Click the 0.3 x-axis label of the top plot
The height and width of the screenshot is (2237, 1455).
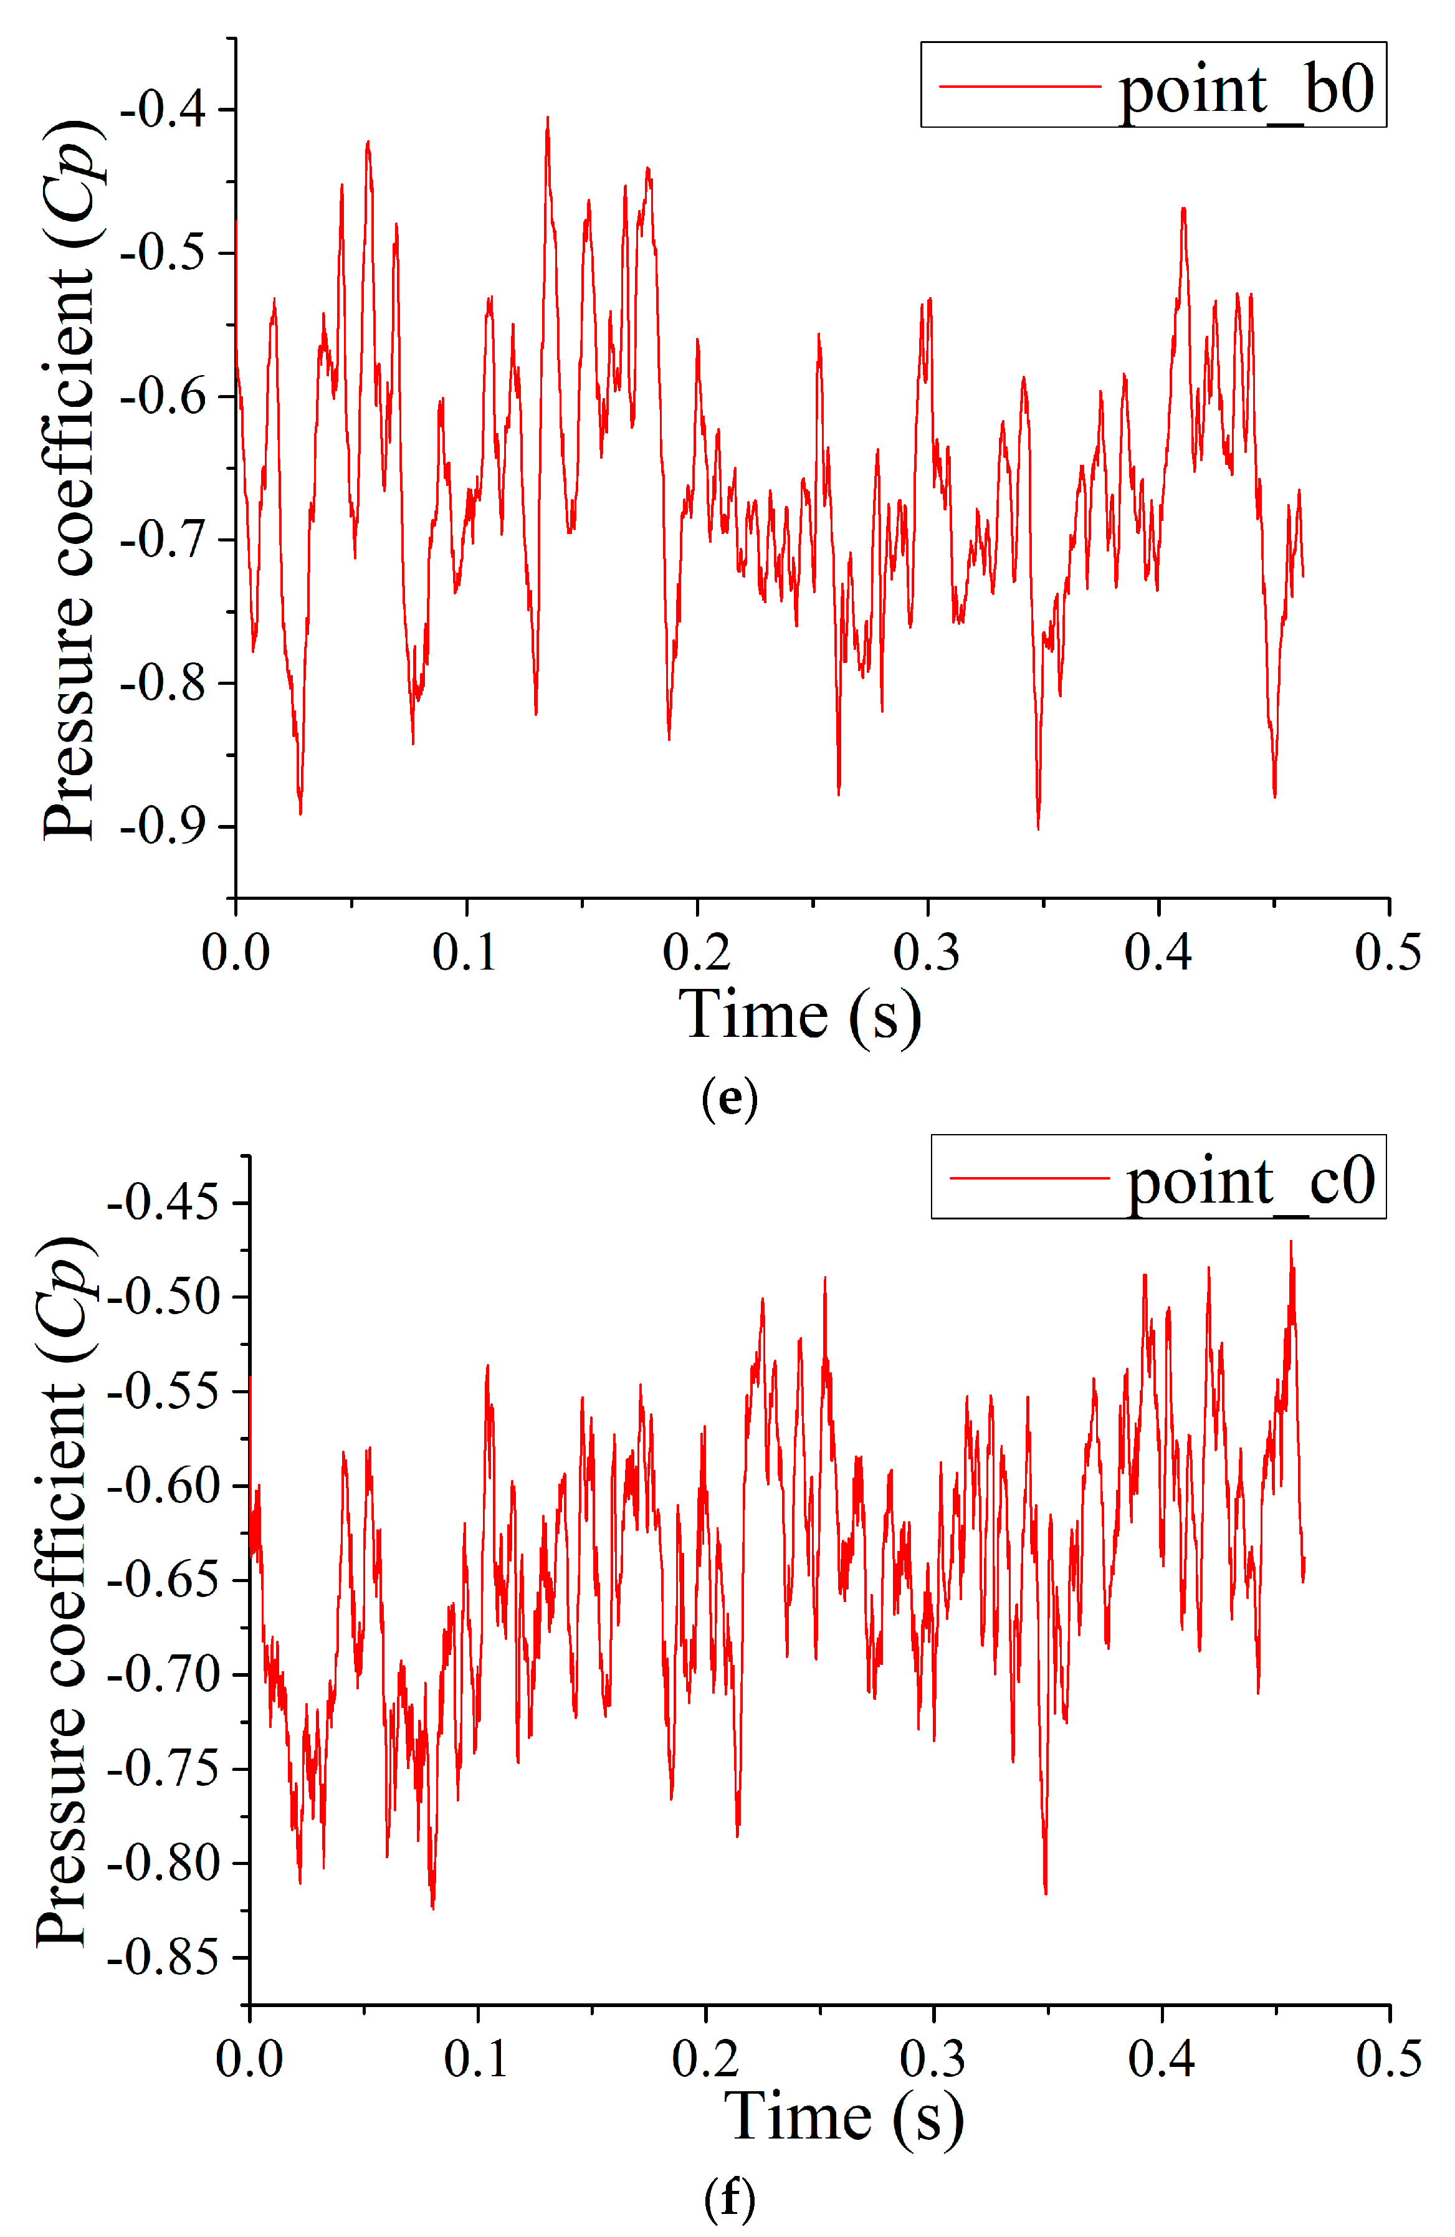(x=927, y=952)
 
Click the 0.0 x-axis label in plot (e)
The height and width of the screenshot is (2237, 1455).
(x=235, y=952)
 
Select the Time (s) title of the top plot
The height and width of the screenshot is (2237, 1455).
(x=799, y=1015)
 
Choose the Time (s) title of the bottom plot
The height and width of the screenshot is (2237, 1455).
(x=843, y=2117)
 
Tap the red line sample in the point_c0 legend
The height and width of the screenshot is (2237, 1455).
(x=1029, y=1177)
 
